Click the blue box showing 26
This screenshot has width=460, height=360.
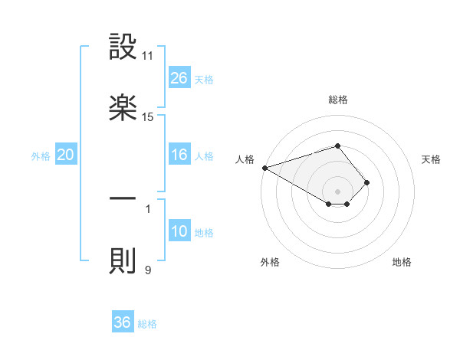[x=179, y=78]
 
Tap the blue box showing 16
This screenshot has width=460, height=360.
[x=179, y=155]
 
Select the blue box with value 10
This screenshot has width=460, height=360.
[x=179, y=231]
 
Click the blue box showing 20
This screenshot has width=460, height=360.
[x=66, y=155]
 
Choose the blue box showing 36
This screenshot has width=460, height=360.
[x=123, y=322]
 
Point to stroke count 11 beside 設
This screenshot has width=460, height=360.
[x=148, y=56]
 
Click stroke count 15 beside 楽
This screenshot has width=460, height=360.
[x=148, y=117]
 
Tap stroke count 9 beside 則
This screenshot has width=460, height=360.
[x=148, y=270]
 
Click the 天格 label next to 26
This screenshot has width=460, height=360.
[x=204, y=80]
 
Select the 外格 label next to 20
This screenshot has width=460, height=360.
[x=41, y=156]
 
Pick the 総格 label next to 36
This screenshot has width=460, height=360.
[x=147, y=324]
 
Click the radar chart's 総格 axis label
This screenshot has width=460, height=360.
[x=337, y=100]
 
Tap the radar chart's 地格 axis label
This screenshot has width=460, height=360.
[x=402, y=262]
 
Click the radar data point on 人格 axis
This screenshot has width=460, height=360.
[x=264, y=168]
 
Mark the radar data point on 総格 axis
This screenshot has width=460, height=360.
[x=337, y=146]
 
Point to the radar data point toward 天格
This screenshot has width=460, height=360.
[x=367, y=182]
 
